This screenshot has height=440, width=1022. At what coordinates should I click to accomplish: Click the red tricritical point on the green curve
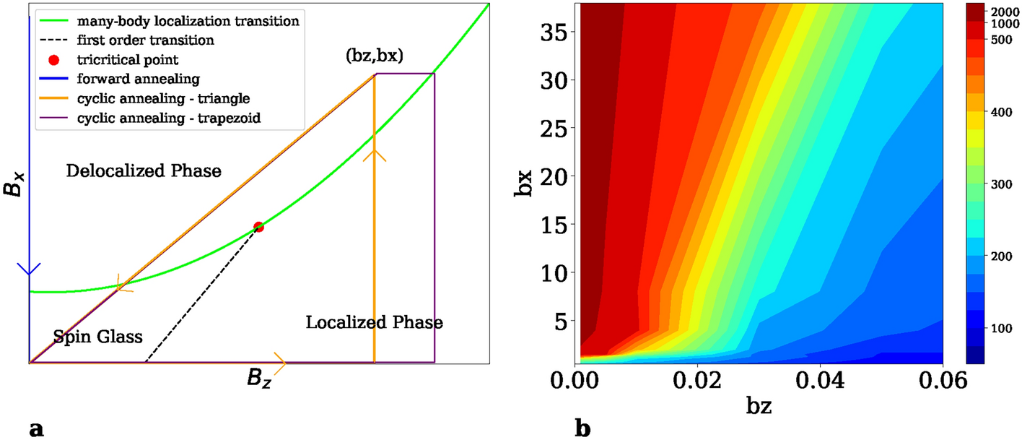[x=258, y=227]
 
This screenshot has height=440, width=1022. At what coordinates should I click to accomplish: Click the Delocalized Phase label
[x=143, y=171]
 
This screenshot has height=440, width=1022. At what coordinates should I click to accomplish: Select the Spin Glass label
[x=98, y=336]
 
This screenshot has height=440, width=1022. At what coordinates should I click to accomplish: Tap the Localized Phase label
[x=374, y=322]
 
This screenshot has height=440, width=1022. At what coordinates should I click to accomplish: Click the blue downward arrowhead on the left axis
[x=29, y=269]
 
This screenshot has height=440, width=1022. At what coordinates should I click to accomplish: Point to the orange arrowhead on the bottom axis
[x=280, y=363]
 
